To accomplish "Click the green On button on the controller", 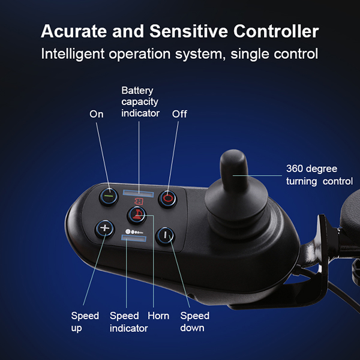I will [109, 195].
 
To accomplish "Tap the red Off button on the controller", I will [169, 196].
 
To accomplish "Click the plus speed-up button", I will [104, 228].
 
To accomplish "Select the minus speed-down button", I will [164, 235].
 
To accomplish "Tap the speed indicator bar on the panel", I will [135, 239].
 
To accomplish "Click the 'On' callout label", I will [97, 114].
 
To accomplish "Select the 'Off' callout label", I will [179, 114].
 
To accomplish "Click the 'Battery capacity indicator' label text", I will [140, 101].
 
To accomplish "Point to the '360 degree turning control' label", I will [317, 175].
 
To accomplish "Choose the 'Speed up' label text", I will [85, 322].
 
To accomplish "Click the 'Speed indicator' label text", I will [128, 322].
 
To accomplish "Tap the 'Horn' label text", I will [158, 316].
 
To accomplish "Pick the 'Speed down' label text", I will [194, 322].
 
